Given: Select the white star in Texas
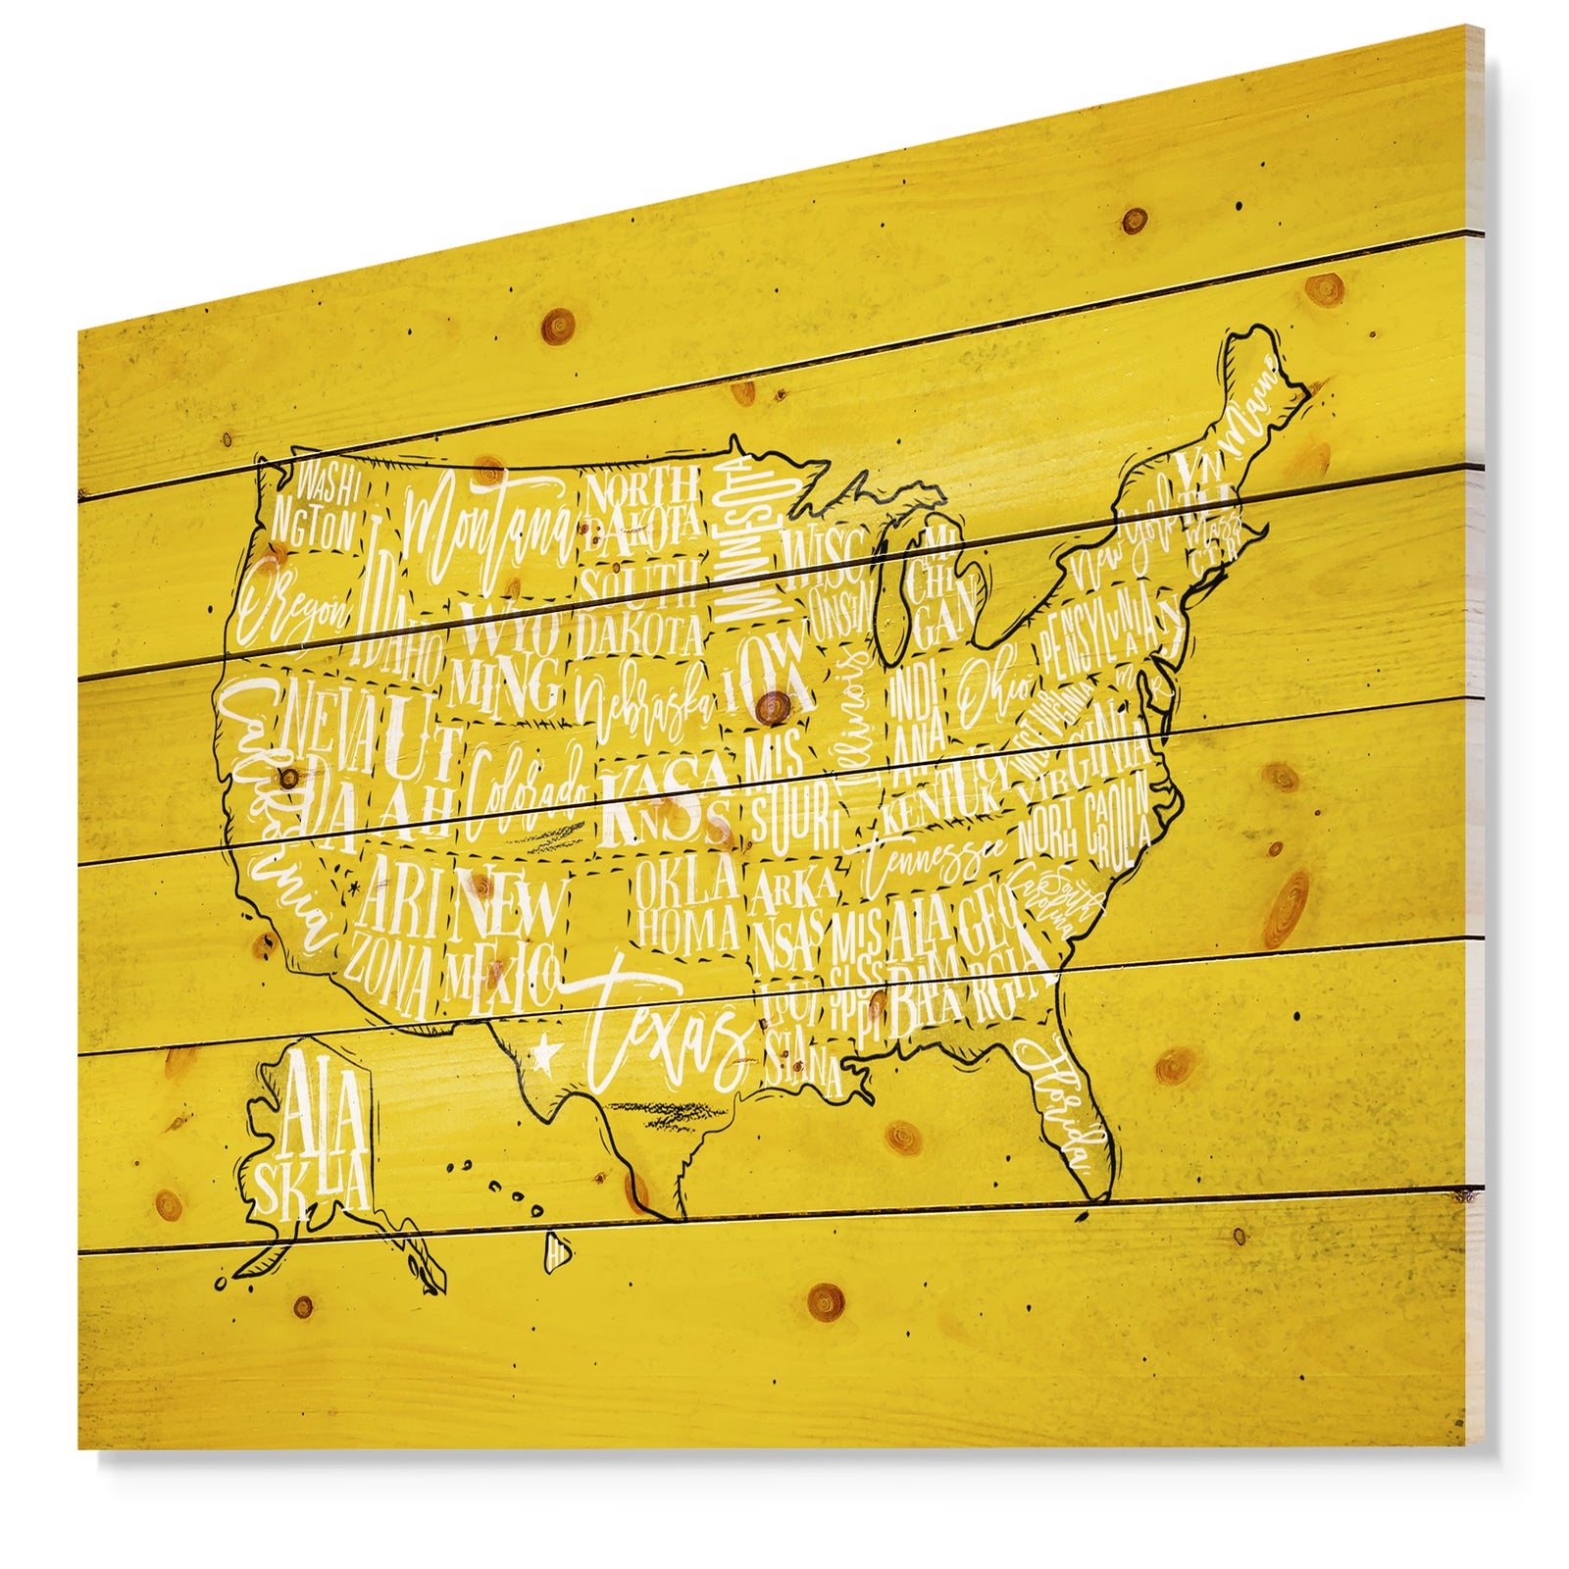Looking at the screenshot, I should (x=545, y=1054).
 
